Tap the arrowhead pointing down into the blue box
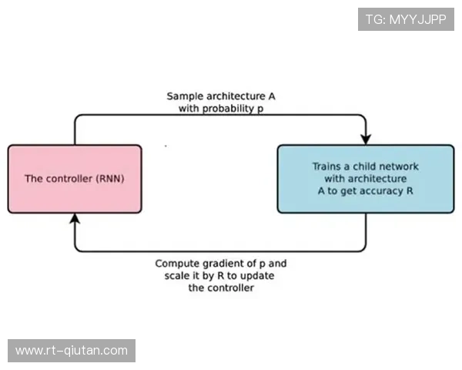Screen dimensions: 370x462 [x=366, y=138]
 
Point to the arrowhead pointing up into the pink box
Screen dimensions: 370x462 [x=75, y=220]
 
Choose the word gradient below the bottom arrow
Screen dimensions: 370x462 [x=224, y=264]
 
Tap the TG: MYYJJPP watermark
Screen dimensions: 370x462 [x=406, y=18]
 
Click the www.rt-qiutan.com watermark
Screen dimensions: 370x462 [x=71, y=351]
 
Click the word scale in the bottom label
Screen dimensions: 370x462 [x=178, y=276]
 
